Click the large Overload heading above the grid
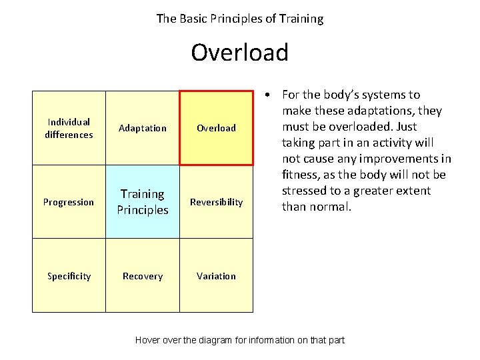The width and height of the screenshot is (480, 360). point(239,52)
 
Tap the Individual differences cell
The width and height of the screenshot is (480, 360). point(69,128)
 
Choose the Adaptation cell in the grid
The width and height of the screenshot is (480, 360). point(143,128)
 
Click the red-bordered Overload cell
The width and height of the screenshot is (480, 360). point(216,128)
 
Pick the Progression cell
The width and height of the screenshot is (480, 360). point(69,202)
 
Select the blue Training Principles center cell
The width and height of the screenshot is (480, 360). point(143,202)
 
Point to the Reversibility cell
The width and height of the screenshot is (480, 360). point(216,202)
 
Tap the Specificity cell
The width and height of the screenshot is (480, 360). point(69,276)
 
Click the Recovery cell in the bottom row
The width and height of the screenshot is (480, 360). point(143,276)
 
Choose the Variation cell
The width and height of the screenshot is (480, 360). point(216,276)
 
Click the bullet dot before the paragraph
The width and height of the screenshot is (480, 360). point(266,95)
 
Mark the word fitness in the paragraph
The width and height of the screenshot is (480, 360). point(301,175)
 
